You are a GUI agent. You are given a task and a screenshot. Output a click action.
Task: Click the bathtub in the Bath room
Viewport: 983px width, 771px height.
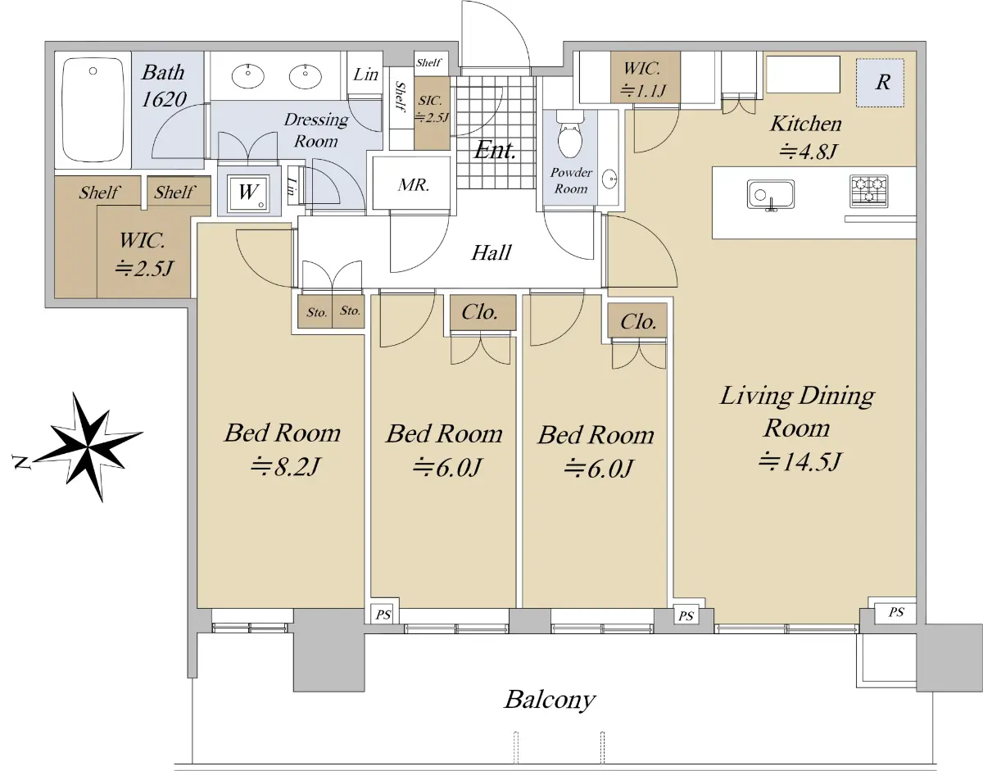tap(93, 110)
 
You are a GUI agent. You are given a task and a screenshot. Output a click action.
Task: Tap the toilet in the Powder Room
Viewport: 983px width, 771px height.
tap(570, 134)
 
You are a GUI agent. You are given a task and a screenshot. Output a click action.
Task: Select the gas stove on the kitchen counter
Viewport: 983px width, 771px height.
tap(868, 192)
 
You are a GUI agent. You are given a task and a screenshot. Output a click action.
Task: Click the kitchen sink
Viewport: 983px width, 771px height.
tap(771, 195)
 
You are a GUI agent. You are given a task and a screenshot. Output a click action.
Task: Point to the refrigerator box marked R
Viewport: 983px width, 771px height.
tap(880, 83)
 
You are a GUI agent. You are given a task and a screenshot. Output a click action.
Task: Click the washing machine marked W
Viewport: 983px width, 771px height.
tap(248, 193)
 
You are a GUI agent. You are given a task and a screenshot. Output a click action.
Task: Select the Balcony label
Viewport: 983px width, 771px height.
tap(550, 700)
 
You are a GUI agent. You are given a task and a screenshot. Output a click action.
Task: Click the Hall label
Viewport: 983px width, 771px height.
tap(491, 252)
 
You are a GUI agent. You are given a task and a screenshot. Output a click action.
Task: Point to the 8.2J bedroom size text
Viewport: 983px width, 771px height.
tap(286, 467)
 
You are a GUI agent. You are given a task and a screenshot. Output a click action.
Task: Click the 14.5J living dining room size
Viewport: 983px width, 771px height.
tap(800, 462)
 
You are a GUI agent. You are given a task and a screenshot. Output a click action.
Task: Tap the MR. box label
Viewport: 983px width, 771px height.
tap(414, 184)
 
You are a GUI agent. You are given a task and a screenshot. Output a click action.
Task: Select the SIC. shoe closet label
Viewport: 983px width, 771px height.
tap(430, 101)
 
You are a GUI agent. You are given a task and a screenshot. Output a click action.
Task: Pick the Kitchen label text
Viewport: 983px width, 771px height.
tap(806, 124)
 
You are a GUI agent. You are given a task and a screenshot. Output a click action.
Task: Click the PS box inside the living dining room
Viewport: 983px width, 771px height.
tap(895, 613)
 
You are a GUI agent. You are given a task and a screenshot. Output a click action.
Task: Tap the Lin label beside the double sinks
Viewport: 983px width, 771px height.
tap(365, 75)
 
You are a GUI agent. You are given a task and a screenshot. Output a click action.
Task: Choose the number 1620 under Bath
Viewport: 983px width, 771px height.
tap(163, 99)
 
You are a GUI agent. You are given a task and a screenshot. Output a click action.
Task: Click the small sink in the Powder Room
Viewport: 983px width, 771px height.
tap(610, 179)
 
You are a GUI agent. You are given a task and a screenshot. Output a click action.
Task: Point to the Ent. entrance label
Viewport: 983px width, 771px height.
tap(495, 150)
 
